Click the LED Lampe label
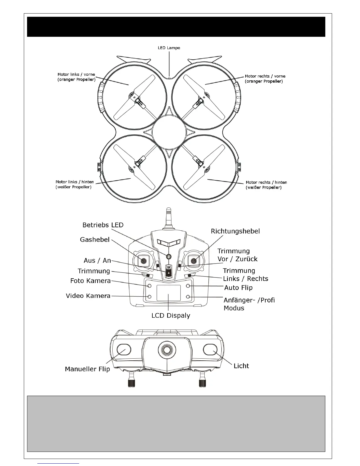169,48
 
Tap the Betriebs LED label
103,225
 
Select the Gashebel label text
95,240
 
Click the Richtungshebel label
235,231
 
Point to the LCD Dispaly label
171,316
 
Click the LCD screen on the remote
169,293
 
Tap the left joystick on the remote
144,261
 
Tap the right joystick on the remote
194,261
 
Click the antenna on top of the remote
168,218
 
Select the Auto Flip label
238,287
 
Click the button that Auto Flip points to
188,286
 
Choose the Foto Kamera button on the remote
149,286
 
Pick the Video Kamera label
88,296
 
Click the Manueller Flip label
87,369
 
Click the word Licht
241,366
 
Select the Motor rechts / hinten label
266,185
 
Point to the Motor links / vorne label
76,77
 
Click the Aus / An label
97,261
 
